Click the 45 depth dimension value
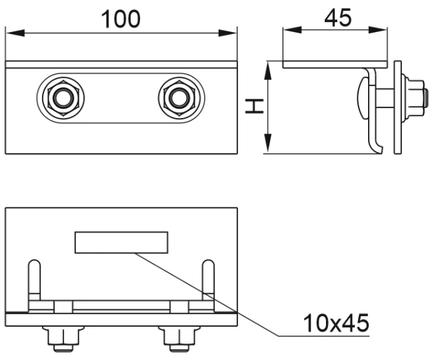pos(337,17)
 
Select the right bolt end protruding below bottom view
pos(178,339)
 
